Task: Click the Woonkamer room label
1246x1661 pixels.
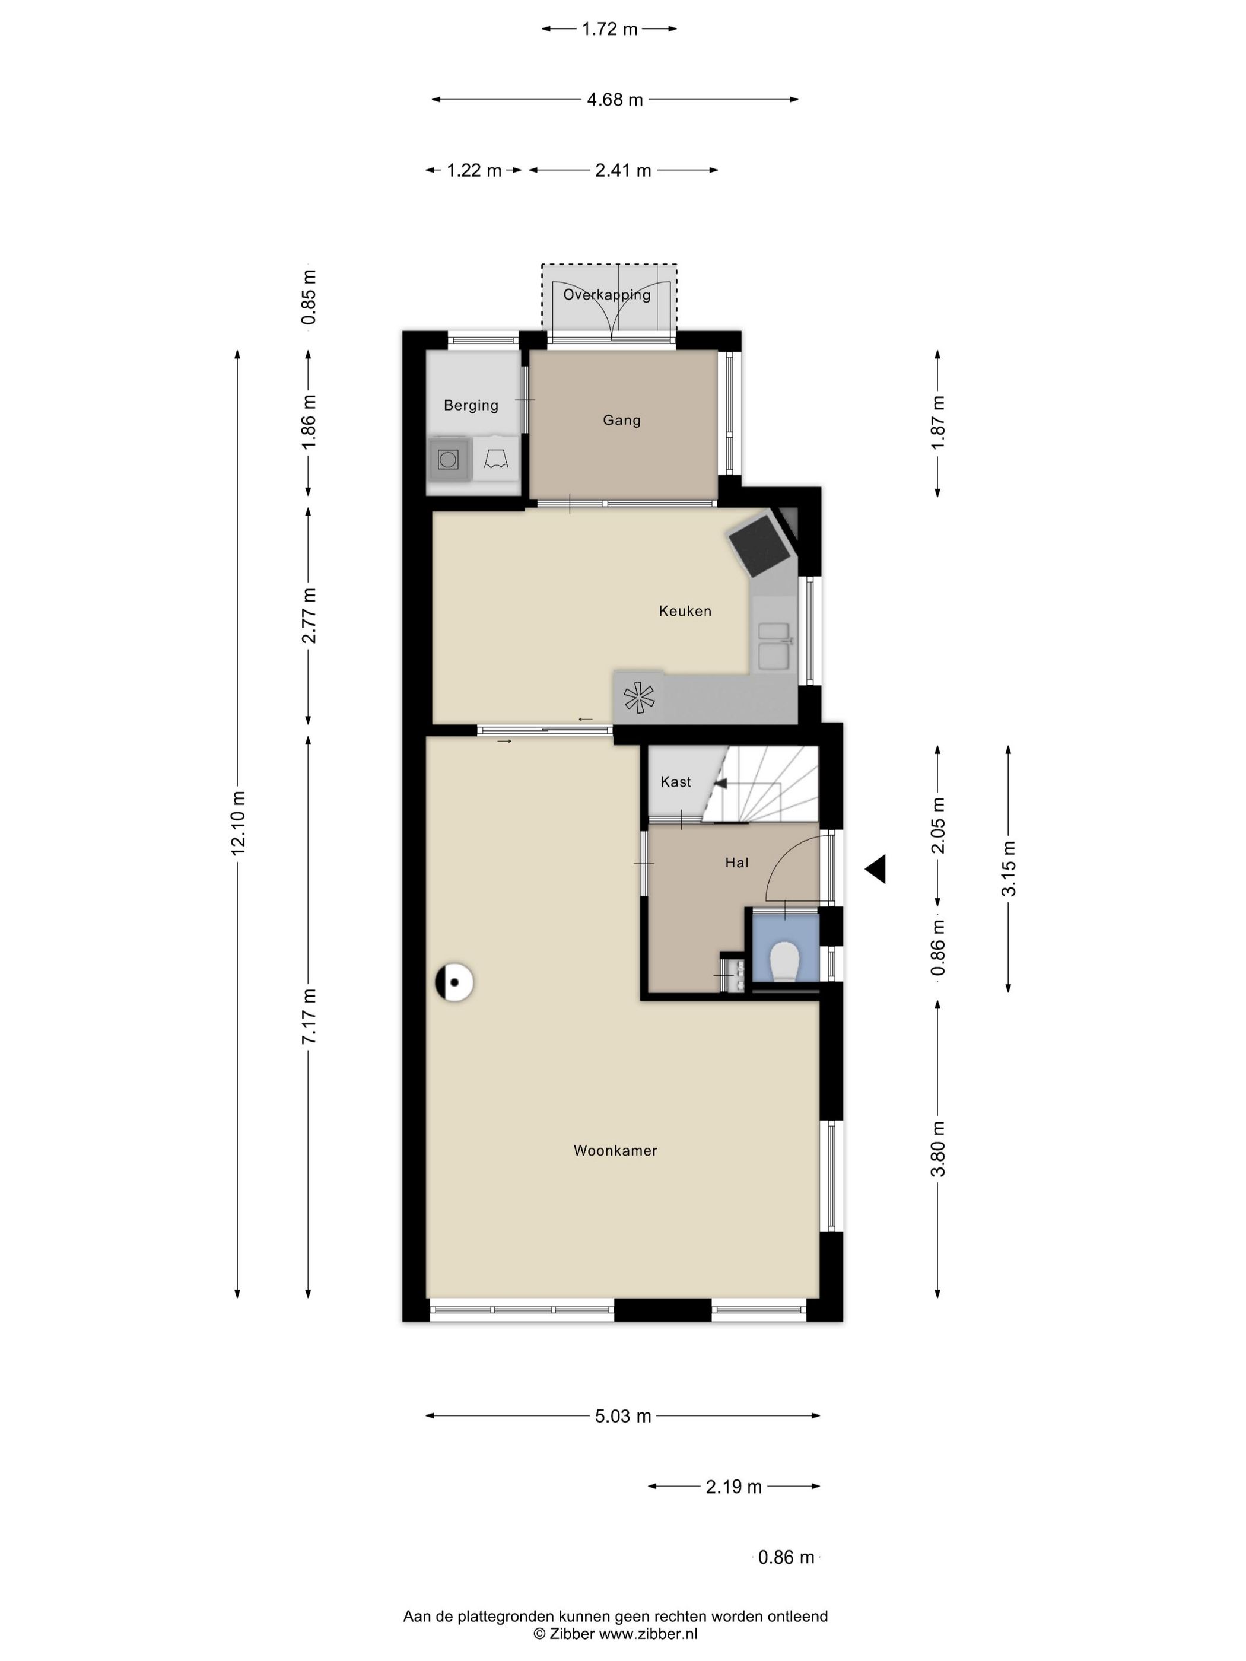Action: (x=615, y=1150)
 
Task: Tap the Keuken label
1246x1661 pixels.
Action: (x=684, y=611)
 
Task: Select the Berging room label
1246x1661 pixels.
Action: (x=471, y=406)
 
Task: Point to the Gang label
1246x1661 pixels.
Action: (x=622, y=421)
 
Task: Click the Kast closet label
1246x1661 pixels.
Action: (x=676, y=782)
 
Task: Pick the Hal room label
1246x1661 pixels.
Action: (x=737, y=863)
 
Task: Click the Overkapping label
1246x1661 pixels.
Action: (x=607, y=295)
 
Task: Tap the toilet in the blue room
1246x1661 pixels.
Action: (x=785, y=962)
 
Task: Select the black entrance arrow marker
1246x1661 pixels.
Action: (x=876, y=870)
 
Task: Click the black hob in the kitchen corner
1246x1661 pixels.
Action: (x=760, y=542)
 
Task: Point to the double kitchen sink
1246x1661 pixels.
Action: (x=774, y=646)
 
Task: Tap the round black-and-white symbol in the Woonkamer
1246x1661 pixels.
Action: (x=454, y=981)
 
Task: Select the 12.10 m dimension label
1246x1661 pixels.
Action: (x=238, y=822)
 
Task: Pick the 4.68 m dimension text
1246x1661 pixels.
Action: (x=615, y=100)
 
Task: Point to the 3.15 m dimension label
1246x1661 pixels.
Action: (x=1008, y=869)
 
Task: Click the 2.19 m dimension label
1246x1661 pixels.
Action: (x=734, y=1487)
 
